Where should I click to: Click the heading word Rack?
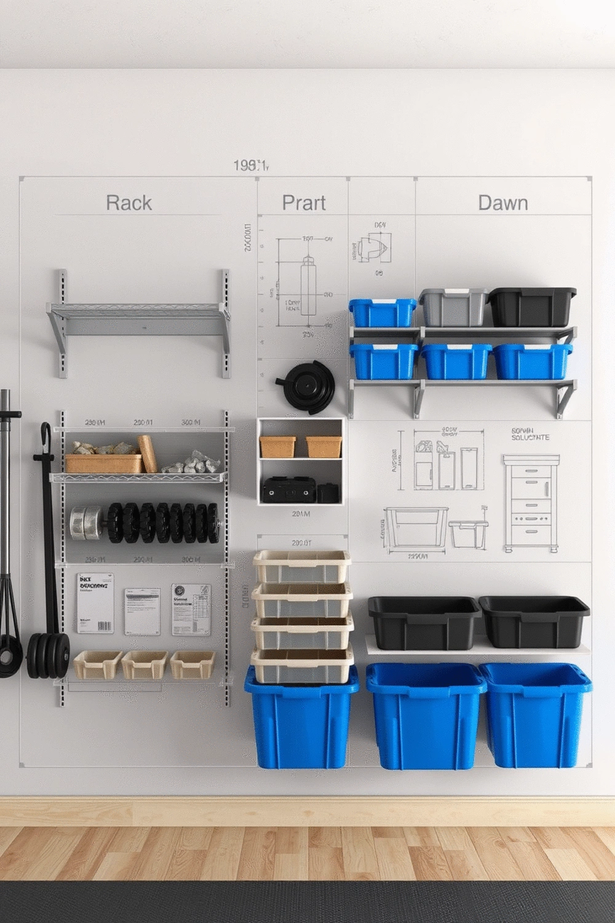click(129, 203)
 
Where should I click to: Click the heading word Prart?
click(304, 203)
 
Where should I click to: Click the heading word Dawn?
click(502, 203)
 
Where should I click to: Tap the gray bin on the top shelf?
click(453, 307)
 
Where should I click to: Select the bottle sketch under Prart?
click(308, 286)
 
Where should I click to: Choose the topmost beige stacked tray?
click(302, 566)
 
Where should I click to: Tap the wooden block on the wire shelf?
click(147, 454)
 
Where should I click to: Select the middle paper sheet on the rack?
click(142, 611)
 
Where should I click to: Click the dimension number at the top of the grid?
click(251, 165)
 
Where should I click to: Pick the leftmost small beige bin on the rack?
click(97, 665)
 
